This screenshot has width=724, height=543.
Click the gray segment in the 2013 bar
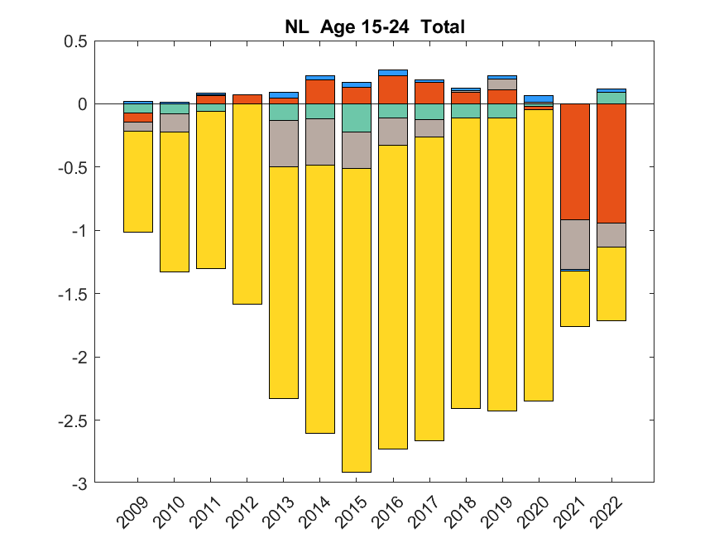pos(284,143)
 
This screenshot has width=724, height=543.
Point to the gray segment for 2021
pos(575,244)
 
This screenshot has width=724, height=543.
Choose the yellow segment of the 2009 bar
pos(138,181)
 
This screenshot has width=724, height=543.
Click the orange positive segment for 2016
pos(393,89)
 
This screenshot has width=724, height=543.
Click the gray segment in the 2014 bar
pos(320,142)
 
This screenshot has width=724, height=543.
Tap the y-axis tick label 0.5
pos(75,41)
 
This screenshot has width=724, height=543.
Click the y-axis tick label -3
pos(79,483)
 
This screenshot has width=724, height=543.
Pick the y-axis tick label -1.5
pos(73,294)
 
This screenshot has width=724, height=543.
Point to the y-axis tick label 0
pos(83,104)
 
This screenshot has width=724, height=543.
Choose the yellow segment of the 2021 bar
pos(575,299)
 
